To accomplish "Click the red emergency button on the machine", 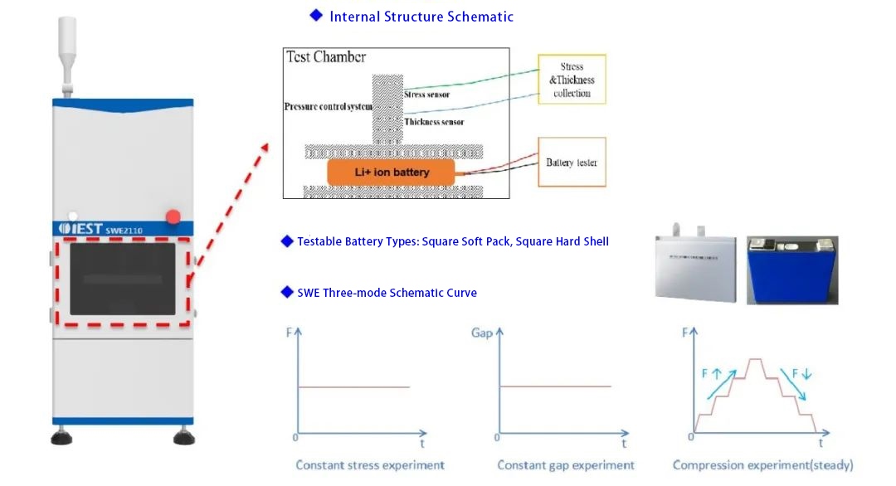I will point(173,216).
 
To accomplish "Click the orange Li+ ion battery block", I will point(391,173).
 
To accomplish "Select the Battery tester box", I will point(572,163).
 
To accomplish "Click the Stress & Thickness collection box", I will point(572,80).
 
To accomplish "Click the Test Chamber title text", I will point(326,57).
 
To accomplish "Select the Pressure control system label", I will point(329,107).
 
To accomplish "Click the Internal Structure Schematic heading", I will point(421,17).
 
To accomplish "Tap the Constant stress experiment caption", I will point(370,465).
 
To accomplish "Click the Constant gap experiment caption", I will point(566,465).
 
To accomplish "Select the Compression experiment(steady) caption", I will point(762,465).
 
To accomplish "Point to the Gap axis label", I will point(482,333).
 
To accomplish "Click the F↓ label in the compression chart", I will point(801,374).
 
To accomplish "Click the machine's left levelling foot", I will point(61,437).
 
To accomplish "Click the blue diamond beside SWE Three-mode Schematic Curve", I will point(287,292).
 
